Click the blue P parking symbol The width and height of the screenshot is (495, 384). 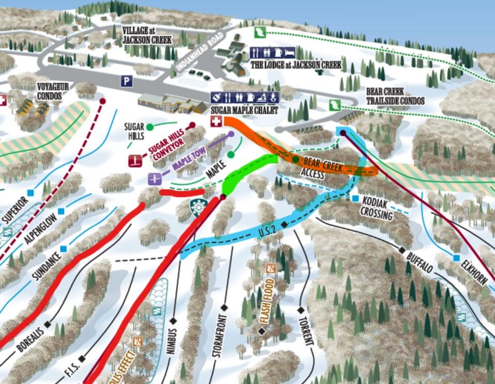[127, 81]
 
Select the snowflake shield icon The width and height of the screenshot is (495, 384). [197, 207]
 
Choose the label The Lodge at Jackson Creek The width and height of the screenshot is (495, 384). [296, 65]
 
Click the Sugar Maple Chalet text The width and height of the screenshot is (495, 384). [244, 111]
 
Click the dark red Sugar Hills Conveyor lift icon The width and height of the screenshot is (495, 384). [135, 160]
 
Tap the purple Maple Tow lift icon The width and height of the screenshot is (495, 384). [154, 178]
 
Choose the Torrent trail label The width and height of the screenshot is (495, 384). [305, 331]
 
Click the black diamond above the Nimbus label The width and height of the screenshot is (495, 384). [173, 321]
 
